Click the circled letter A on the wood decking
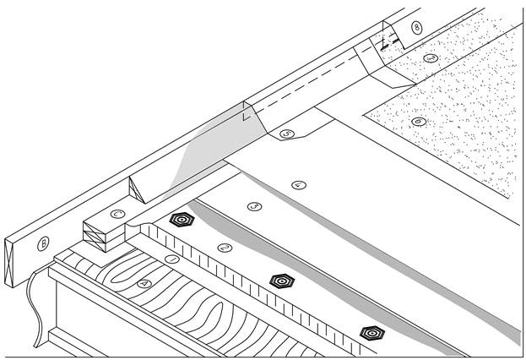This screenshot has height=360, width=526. [144, 285]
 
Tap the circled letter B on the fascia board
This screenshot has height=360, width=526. [45, 244]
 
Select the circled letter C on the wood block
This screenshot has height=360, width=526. [118, 214]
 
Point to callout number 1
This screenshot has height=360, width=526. [171, 259]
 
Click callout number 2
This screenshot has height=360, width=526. [224, 247]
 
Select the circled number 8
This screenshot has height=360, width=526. [416, 27]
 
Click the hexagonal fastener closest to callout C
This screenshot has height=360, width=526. [181, 219]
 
